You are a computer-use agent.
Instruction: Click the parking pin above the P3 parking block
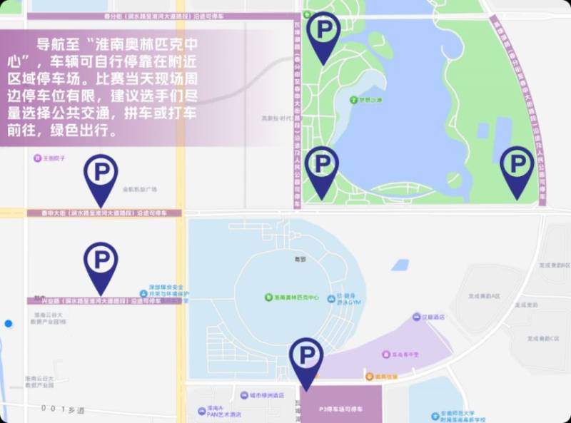click(x=306, y=357)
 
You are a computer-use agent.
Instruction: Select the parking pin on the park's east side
click(x=517, y=166)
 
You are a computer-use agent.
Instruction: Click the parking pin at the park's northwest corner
click(x=324, y=32)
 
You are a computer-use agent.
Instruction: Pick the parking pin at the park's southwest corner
click(x=322, y=166)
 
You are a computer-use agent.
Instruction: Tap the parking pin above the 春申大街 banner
click(x=101, y=175)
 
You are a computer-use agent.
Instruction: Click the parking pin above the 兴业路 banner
click(x=101, y=262)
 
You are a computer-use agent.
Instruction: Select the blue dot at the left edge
click(x=9, y=324)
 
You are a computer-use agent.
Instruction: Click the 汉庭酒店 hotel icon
click(x=416, y=316)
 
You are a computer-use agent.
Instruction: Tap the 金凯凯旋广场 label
click(x=139, y=190)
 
